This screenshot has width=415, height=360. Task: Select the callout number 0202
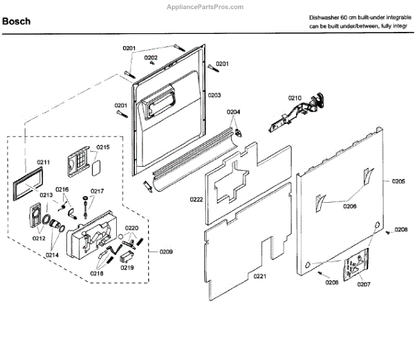pyautogui.click(x=151, y=57)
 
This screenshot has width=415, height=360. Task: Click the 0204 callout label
pyautogui.click(x=234, y=111)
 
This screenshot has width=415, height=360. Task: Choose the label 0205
pyautogui.click(x=398, y=181)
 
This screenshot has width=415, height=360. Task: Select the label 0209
pyautogui.click(x=167, y=251)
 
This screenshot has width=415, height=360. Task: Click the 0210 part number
pyautogui.click(x=295, y=98)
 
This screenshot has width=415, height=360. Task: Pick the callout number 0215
pyautogui.click(x=102, y=147)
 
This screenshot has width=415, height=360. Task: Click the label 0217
pyautogui.click(x=98, y=191)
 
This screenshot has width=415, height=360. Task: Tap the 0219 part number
pyautogui.click(x=127, y=267)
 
